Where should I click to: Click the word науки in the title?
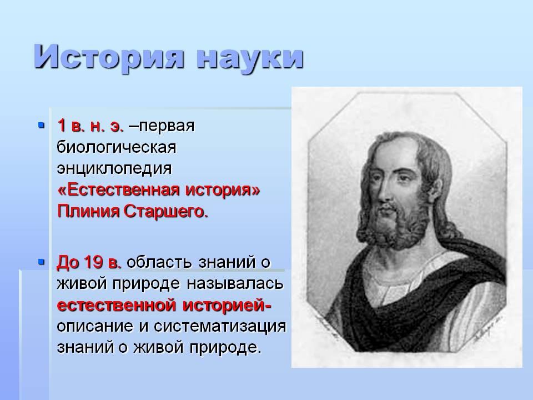pyautogui.click(x=250, y=58)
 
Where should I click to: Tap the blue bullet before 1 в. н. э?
pyautogui.click(x=42, y=125)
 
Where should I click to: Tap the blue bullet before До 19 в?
pyautogui.click(x=42, y=262)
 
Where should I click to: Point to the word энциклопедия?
pyautogui.click(x=114, y=169)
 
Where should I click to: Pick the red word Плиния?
pyautogui.click(x=88, y=212)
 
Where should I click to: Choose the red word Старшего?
pyautogui.click(x=165, y=212)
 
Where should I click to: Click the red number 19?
pyautogui.click(x=93, y=262)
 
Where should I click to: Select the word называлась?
pyautogui.click(x=235, y=283)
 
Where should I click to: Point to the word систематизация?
pyautogui.click(x=220, y=326)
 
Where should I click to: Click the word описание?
pyautogui.click(x=95, y=326)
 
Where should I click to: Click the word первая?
pyautogui.click(x=167, y=127)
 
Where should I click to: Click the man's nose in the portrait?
pyautogui.click(x=384, y=192)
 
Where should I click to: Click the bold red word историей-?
pyautogui.click(x=227, y=305)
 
